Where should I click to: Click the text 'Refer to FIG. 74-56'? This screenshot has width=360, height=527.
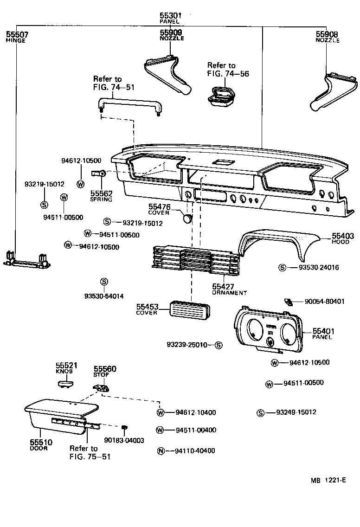pyautogui.click(x=221, y=70)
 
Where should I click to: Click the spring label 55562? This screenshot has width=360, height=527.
pyautogui.click(x=101, y=193)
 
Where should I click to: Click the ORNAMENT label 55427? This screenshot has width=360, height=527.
pyautogui.click(x=223, y=287)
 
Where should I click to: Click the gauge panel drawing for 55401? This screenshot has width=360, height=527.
pyautogui.click(x=268, y=332)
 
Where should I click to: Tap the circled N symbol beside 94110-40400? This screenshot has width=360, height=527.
pyautogui.click(x=161, y=451)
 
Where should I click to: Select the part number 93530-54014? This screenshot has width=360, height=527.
pyautogui.click(x=104, y=296)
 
